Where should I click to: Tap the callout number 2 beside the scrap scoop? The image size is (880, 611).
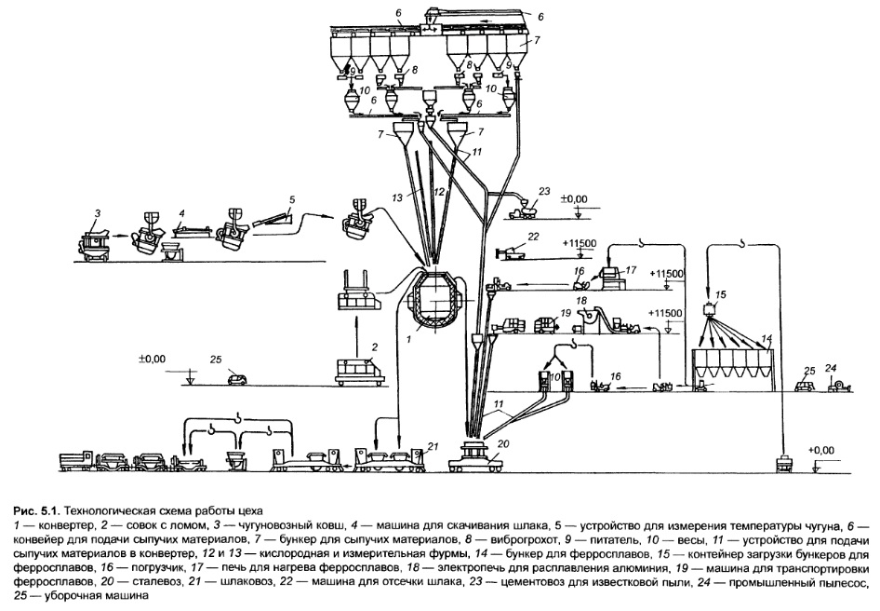point(373,346)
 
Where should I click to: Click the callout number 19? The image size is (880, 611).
point(564,314)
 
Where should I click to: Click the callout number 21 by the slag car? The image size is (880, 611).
point(431,448)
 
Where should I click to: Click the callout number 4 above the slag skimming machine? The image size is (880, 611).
point(183,212)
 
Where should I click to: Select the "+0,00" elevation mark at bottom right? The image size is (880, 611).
point(821,449)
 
